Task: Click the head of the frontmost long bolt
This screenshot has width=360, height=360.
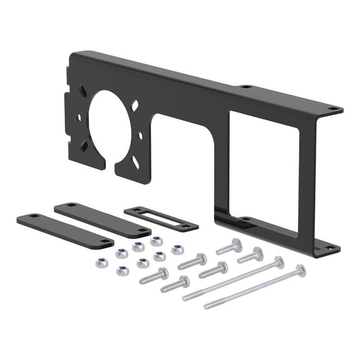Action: tap(300, 270)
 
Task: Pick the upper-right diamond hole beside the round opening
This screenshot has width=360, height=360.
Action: tap(135, 107)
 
